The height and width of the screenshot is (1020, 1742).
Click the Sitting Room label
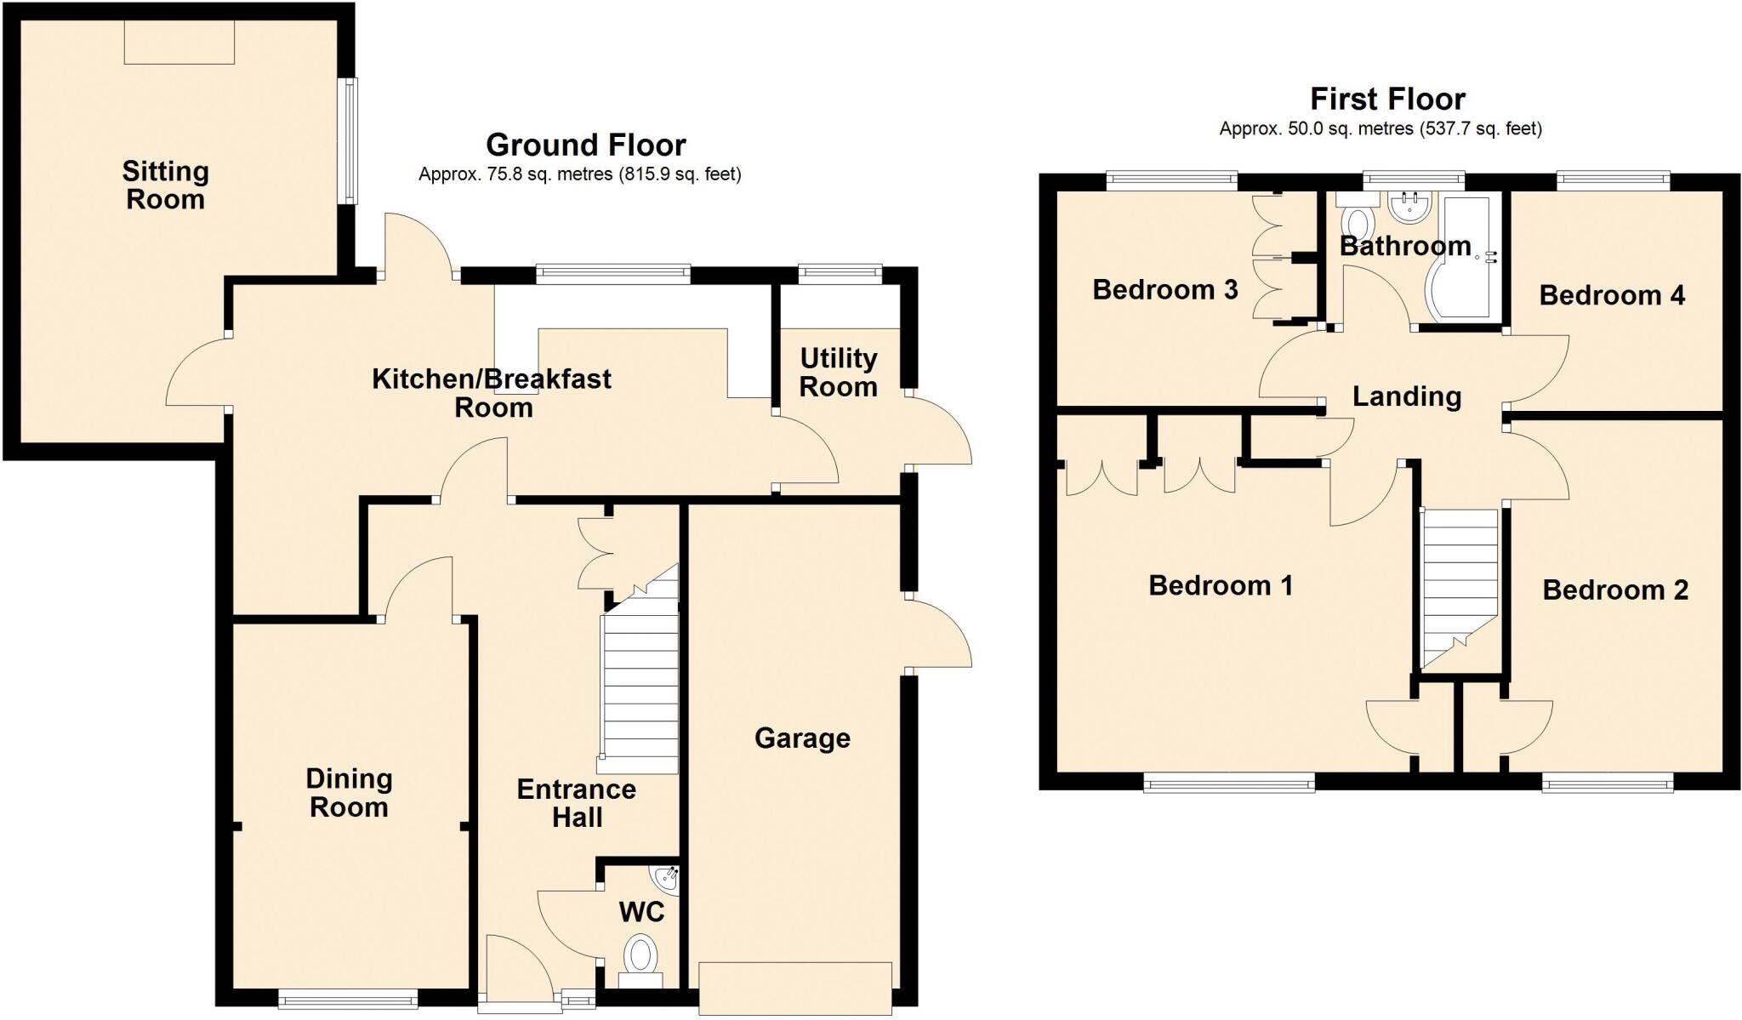(165, 185)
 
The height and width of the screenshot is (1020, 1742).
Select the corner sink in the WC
(667, 878)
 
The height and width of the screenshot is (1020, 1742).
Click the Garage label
(802, 738)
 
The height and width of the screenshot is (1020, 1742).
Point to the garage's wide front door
(795, 988)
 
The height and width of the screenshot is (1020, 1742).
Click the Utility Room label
(838, 373)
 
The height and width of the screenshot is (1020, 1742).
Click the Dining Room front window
(348, 999)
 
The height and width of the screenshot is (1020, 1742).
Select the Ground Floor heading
(585, 145)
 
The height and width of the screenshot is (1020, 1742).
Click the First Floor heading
(1387, 100)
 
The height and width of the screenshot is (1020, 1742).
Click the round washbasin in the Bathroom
(1409, 204)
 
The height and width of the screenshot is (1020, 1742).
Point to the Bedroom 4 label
(1612, 295)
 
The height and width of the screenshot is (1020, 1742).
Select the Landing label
(1407, 396)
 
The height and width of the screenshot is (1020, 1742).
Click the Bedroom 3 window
(1171, 179)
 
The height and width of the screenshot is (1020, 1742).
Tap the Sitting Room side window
(347, 140)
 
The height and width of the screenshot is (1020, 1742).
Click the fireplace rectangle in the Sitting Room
(179, 42)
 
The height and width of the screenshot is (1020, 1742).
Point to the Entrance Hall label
(577, 803)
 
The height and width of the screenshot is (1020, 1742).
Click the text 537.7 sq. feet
(1479, 129)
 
